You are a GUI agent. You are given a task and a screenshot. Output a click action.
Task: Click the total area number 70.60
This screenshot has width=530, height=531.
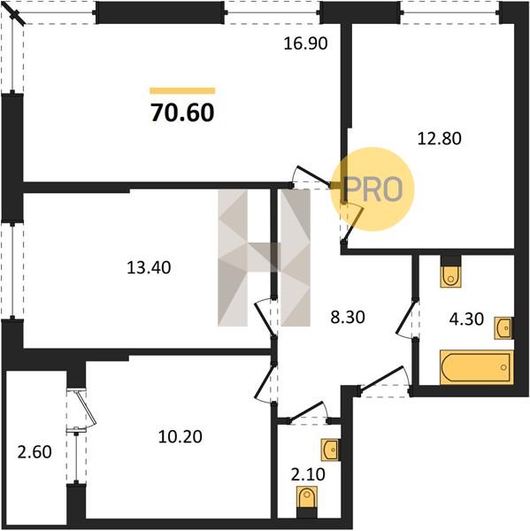pyautogui.click(x=182, y=112)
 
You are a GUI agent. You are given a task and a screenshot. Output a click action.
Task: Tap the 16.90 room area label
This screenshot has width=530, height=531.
pyautogui.click(x=305, y=43)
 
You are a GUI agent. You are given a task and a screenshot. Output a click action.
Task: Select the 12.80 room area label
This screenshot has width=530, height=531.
pyautogui.click(x=439, y=139)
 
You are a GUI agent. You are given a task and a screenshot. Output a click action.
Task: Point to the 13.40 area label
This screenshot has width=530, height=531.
pyautogui.click(x=149, y=267)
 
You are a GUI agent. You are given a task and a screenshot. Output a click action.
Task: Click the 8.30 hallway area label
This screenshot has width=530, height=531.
pyautogui.click(x=348, y=318)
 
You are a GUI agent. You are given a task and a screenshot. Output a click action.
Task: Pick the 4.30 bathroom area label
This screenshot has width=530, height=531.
pyautogui.click(x=466, y=319)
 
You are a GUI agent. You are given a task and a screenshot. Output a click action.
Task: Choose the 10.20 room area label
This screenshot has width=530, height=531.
pyautogui.click(x=181, y=436)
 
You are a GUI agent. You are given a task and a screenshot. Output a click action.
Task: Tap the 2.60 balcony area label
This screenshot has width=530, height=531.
pyautogui.click(x=35, y=452)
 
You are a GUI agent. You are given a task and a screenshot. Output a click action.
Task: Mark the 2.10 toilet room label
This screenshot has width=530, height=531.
pyautogui.click(x=308, y=474)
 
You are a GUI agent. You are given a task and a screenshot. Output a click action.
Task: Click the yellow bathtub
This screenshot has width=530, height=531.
pyautogui.click(x=477, y=367)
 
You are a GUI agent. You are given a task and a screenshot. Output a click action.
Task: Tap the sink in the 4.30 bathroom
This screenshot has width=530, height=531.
pyautogui.click(x=504, y=327)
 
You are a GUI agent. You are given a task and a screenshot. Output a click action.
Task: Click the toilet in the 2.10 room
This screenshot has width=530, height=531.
pyautogui.click(x=307, y=497)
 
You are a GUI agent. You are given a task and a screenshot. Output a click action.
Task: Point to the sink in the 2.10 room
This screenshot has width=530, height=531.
pyautogui.click(x=330, y=450)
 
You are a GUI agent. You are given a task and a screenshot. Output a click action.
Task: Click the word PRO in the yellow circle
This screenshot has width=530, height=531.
pyautogui.click(x=373, y=189)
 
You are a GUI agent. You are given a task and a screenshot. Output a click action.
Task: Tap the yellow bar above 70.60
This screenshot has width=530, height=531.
pyautogui.click(x=182, y=90)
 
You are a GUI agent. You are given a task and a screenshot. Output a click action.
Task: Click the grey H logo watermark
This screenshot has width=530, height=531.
pyautogui.click(x=265, y=258)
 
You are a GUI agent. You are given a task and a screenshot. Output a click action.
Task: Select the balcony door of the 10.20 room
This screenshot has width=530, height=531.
pyautogui.click(x=81, y=411)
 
